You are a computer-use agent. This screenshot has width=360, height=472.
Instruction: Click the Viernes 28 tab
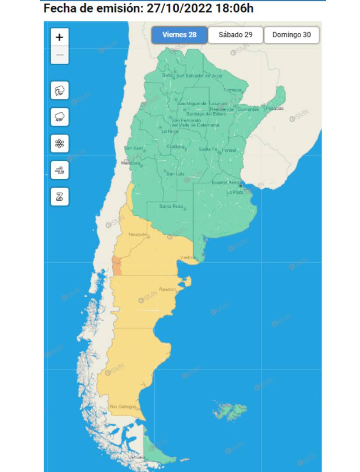click(179, 35)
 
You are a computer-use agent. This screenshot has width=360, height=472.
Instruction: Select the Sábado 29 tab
click(235, 35)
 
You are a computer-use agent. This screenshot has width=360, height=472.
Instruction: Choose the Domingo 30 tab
click(291, 35)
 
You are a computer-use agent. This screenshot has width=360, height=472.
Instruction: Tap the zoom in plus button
click(59, 37)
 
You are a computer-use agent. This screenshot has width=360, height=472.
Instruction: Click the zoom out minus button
click(59, 55)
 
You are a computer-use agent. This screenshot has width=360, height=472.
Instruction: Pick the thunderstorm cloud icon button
click(59, 91)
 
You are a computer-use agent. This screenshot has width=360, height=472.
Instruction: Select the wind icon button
click(59, 170)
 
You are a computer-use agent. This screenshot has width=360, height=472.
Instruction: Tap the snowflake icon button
click(59, 144)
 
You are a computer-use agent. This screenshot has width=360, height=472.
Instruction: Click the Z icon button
click(59, 196)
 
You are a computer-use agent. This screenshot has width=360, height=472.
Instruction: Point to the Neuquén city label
click(138, 235)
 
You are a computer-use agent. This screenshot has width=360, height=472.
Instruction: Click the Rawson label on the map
click(167, 289)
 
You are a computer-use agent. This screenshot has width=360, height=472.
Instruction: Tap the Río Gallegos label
click(123, 406)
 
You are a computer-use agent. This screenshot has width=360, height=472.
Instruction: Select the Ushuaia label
click(136, 457)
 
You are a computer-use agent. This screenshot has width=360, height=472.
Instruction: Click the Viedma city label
click(188, 257)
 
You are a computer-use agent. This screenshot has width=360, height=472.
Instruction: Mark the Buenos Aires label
click(225, 183)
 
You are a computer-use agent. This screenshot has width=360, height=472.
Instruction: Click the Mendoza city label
click(130, 163)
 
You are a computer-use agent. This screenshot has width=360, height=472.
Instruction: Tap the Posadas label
click(274, 108)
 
